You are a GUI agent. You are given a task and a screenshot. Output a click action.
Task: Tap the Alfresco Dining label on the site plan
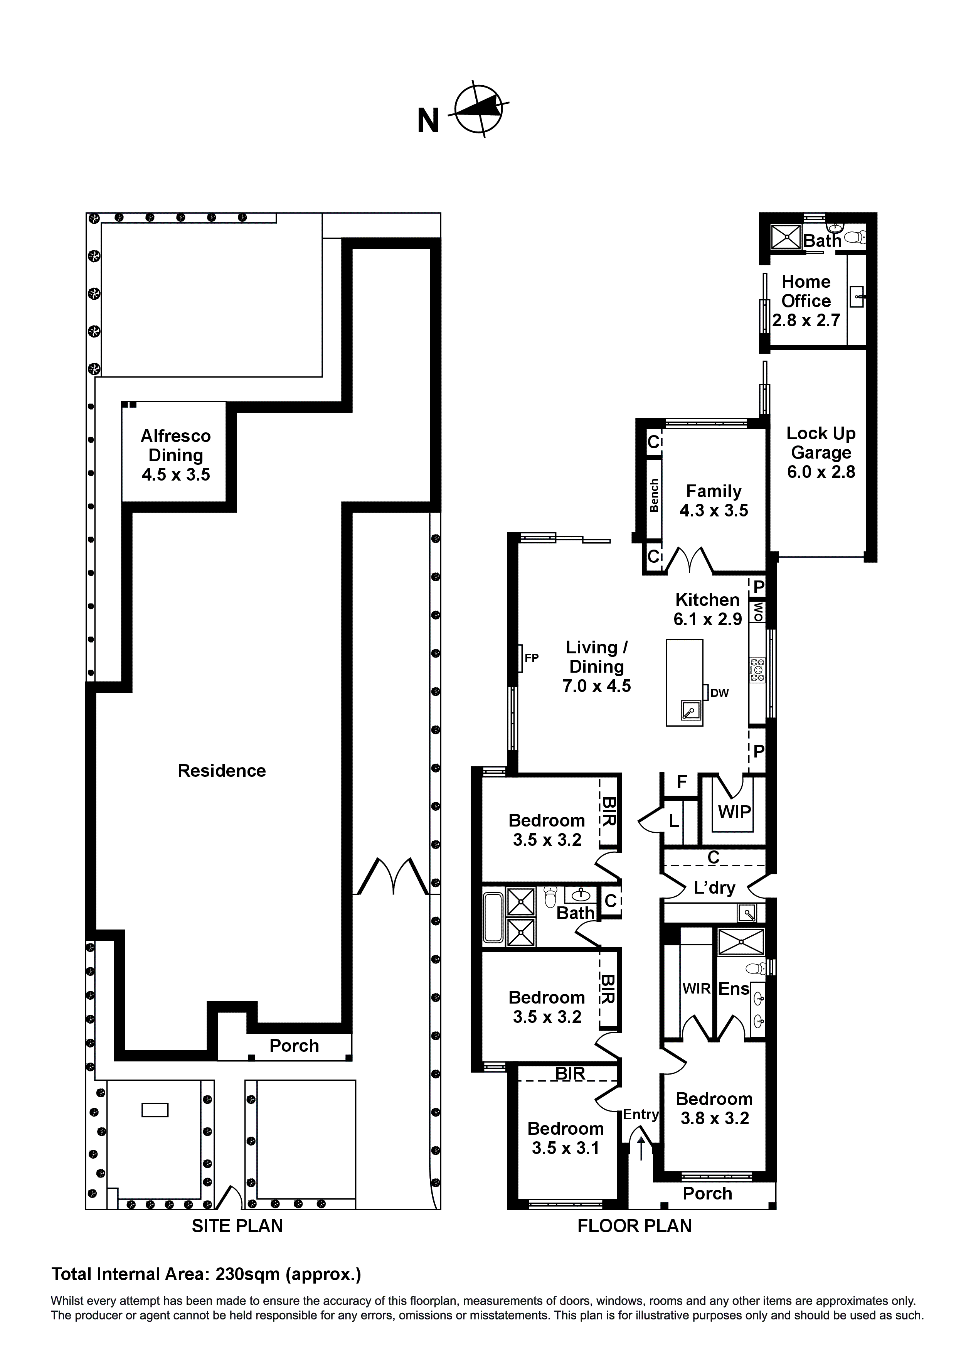(x=175, y=455)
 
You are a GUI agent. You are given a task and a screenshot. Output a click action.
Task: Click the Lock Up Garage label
(x=821, y=452)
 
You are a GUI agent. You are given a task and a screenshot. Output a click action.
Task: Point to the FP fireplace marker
(x=531, y=658)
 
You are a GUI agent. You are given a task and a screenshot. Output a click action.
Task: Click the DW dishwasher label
(x=719, y=693)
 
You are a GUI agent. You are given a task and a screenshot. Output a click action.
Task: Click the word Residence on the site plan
(x=222, y=770)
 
